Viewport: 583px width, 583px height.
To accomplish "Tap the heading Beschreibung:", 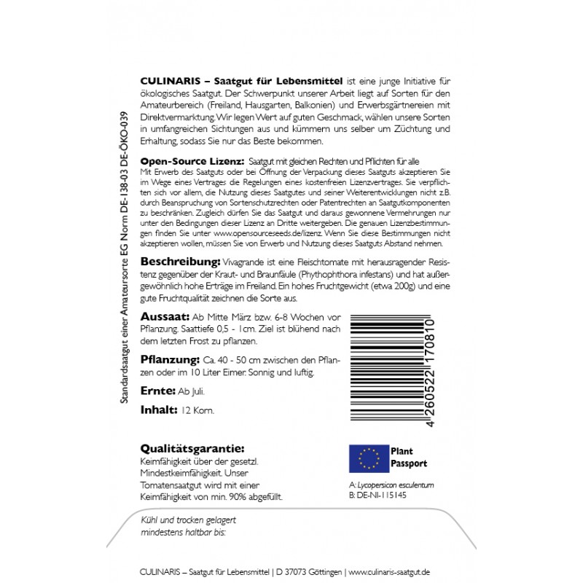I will [x=179, y=261].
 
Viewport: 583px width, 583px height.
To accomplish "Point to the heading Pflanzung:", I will [x=170, y=360].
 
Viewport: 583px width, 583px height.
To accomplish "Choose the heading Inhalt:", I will [x=158, y=410].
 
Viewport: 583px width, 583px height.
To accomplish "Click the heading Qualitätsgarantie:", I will [x=192, y=449].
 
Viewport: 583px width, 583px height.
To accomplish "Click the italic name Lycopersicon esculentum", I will [x=397, y=484].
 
